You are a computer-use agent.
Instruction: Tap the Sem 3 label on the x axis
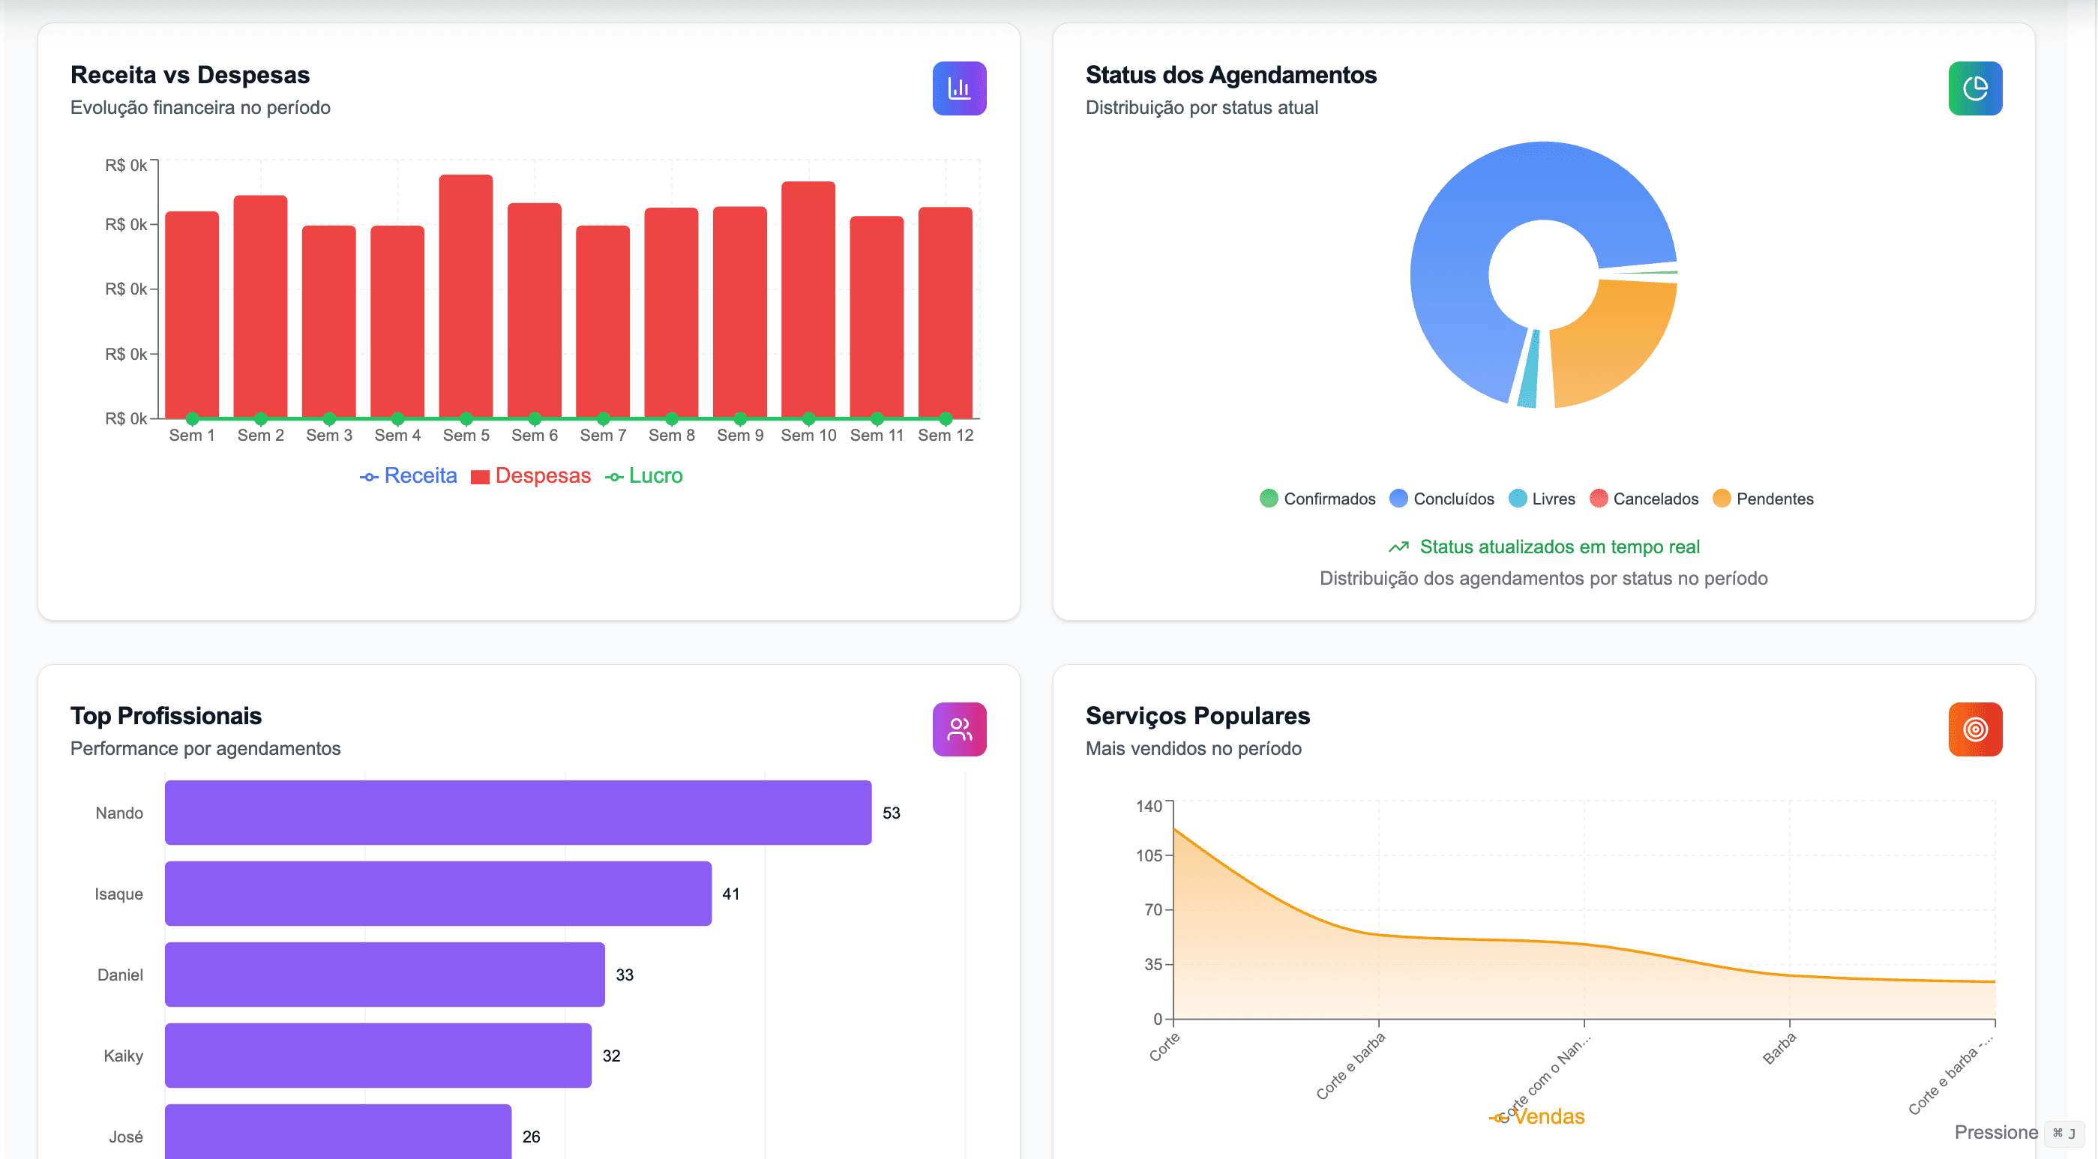coord(329,435)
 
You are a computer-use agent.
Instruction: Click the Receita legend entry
coord(409,475)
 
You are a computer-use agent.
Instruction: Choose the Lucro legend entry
coord(644,475)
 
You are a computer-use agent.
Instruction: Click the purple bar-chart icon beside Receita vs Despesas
coord(958,88)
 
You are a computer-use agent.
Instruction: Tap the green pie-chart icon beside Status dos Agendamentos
coord(1974,88)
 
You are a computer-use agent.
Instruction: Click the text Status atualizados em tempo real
coord(1559,547)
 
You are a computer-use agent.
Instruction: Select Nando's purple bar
coord(517,812)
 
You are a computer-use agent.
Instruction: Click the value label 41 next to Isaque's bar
coord(730,894)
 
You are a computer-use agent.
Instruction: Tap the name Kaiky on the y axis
coord(123,1056)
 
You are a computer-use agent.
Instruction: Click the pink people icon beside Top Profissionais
coord(958,729)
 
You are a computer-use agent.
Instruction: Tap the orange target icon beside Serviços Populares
coord(1974,729)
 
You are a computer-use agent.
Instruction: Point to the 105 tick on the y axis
coord(1149,855)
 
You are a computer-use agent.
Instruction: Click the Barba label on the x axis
coord(1779,1048)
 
